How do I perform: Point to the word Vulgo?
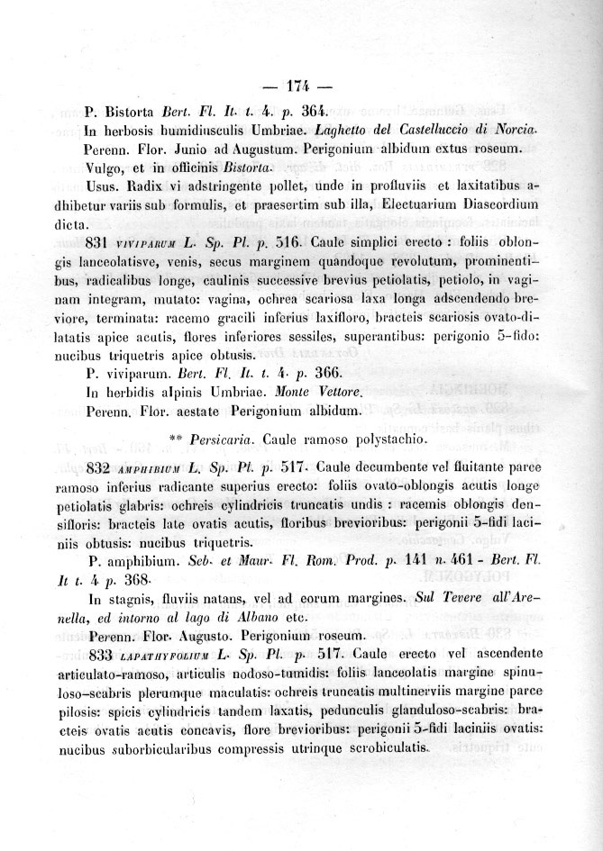(103, 167)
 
